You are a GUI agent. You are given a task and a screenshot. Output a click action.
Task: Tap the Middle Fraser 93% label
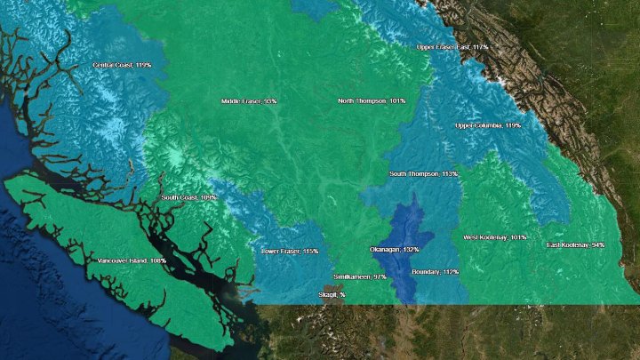248,101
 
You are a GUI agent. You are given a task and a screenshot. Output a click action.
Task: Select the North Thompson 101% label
372,101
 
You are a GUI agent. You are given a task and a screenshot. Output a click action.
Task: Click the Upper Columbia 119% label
488,126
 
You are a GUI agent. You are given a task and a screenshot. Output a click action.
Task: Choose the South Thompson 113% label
424,173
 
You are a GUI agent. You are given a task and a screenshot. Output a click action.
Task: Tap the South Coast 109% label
188,197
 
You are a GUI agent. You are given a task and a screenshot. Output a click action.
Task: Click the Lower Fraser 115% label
289,252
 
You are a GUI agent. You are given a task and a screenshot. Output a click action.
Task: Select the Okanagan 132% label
394,250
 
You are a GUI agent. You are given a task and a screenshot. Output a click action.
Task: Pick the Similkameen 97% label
361,277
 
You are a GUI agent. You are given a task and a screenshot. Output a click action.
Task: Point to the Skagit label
332,293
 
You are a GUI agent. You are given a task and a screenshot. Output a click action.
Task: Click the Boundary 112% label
436,271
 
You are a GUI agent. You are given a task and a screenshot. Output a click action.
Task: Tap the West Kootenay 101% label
495,237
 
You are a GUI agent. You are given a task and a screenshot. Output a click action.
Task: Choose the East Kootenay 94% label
575,244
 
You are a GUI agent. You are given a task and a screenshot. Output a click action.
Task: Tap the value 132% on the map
410,250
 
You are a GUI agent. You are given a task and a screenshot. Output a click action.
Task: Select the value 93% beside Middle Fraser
268,101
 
